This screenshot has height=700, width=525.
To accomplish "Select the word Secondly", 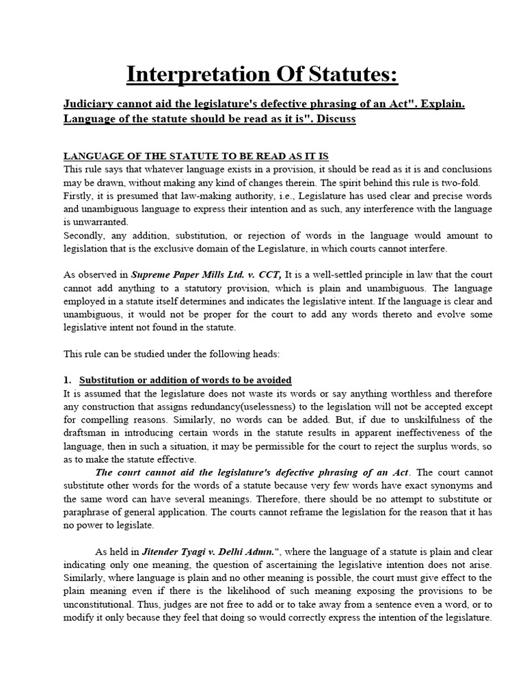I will click(x=87, y=235).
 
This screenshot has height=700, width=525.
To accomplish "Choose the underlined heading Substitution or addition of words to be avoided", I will click(x=185, y=380).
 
